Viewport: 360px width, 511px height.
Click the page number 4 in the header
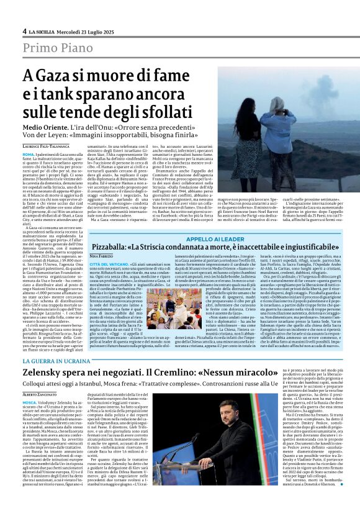[24, 30]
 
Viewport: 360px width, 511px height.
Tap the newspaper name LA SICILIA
[43, 31]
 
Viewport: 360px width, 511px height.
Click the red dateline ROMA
[28, 153]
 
